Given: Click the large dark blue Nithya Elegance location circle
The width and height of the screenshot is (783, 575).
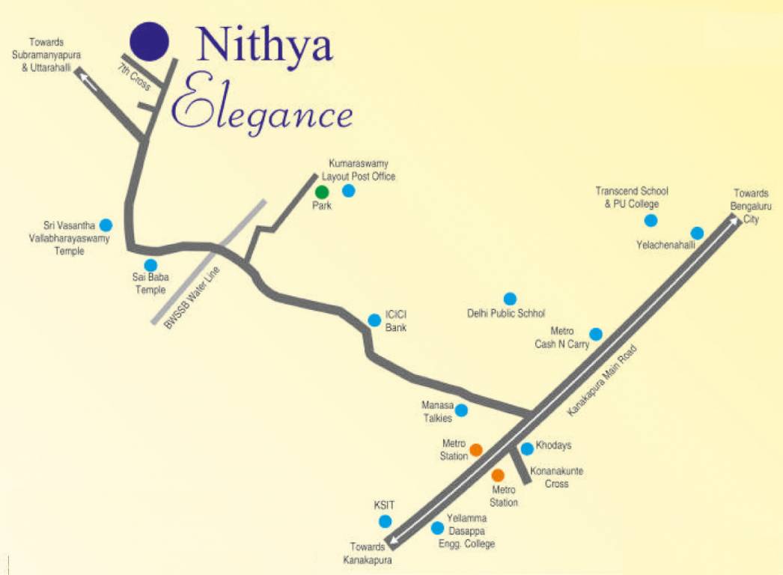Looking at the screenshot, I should [x=149, y=40].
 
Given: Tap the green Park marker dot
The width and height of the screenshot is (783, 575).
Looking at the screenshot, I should [x=322, y=192].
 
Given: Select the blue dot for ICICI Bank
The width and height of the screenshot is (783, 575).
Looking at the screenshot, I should [x=374, y=320].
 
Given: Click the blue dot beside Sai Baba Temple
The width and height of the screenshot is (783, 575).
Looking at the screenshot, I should [x=150, y=265].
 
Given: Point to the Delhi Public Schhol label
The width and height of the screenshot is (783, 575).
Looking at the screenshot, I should [x=506, y=314].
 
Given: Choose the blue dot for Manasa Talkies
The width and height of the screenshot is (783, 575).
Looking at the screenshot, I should [x=462, y=410].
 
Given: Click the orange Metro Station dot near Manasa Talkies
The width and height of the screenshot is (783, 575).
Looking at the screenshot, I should [x=475, y=450].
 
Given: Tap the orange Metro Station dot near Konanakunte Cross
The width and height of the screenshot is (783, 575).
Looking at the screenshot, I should [x=498, y=475].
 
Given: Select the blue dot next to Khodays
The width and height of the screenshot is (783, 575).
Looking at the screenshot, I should [x=527, y=448].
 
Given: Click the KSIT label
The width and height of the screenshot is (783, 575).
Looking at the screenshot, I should [x=384, y=505].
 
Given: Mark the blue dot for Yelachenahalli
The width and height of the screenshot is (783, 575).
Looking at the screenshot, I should [x=697, y=233].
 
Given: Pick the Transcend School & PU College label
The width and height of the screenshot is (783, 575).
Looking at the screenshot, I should [x=632, y=197].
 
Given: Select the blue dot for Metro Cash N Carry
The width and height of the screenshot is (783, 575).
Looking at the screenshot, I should [x=596, y=334].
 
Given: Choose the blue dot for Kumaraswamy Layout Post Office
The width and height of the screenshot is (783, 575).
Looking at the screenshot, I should [x=348, y=191].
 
